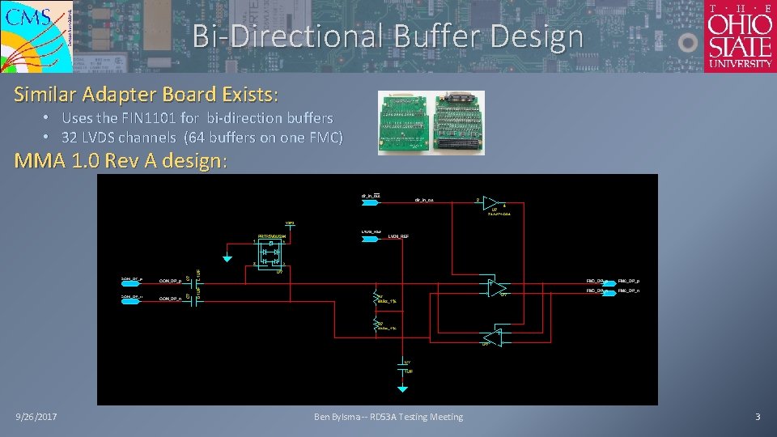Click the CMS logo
36,36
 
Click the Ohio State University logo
740,36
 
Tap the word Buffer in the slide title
443,36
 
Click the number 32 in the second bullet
70,138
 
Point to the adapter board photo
431,122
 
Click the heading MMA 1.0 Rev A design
121,160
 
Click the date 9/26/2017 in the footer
41,417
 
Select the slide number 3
758,417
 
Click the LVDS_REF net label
400,237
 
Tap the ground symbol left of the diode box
228,258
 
